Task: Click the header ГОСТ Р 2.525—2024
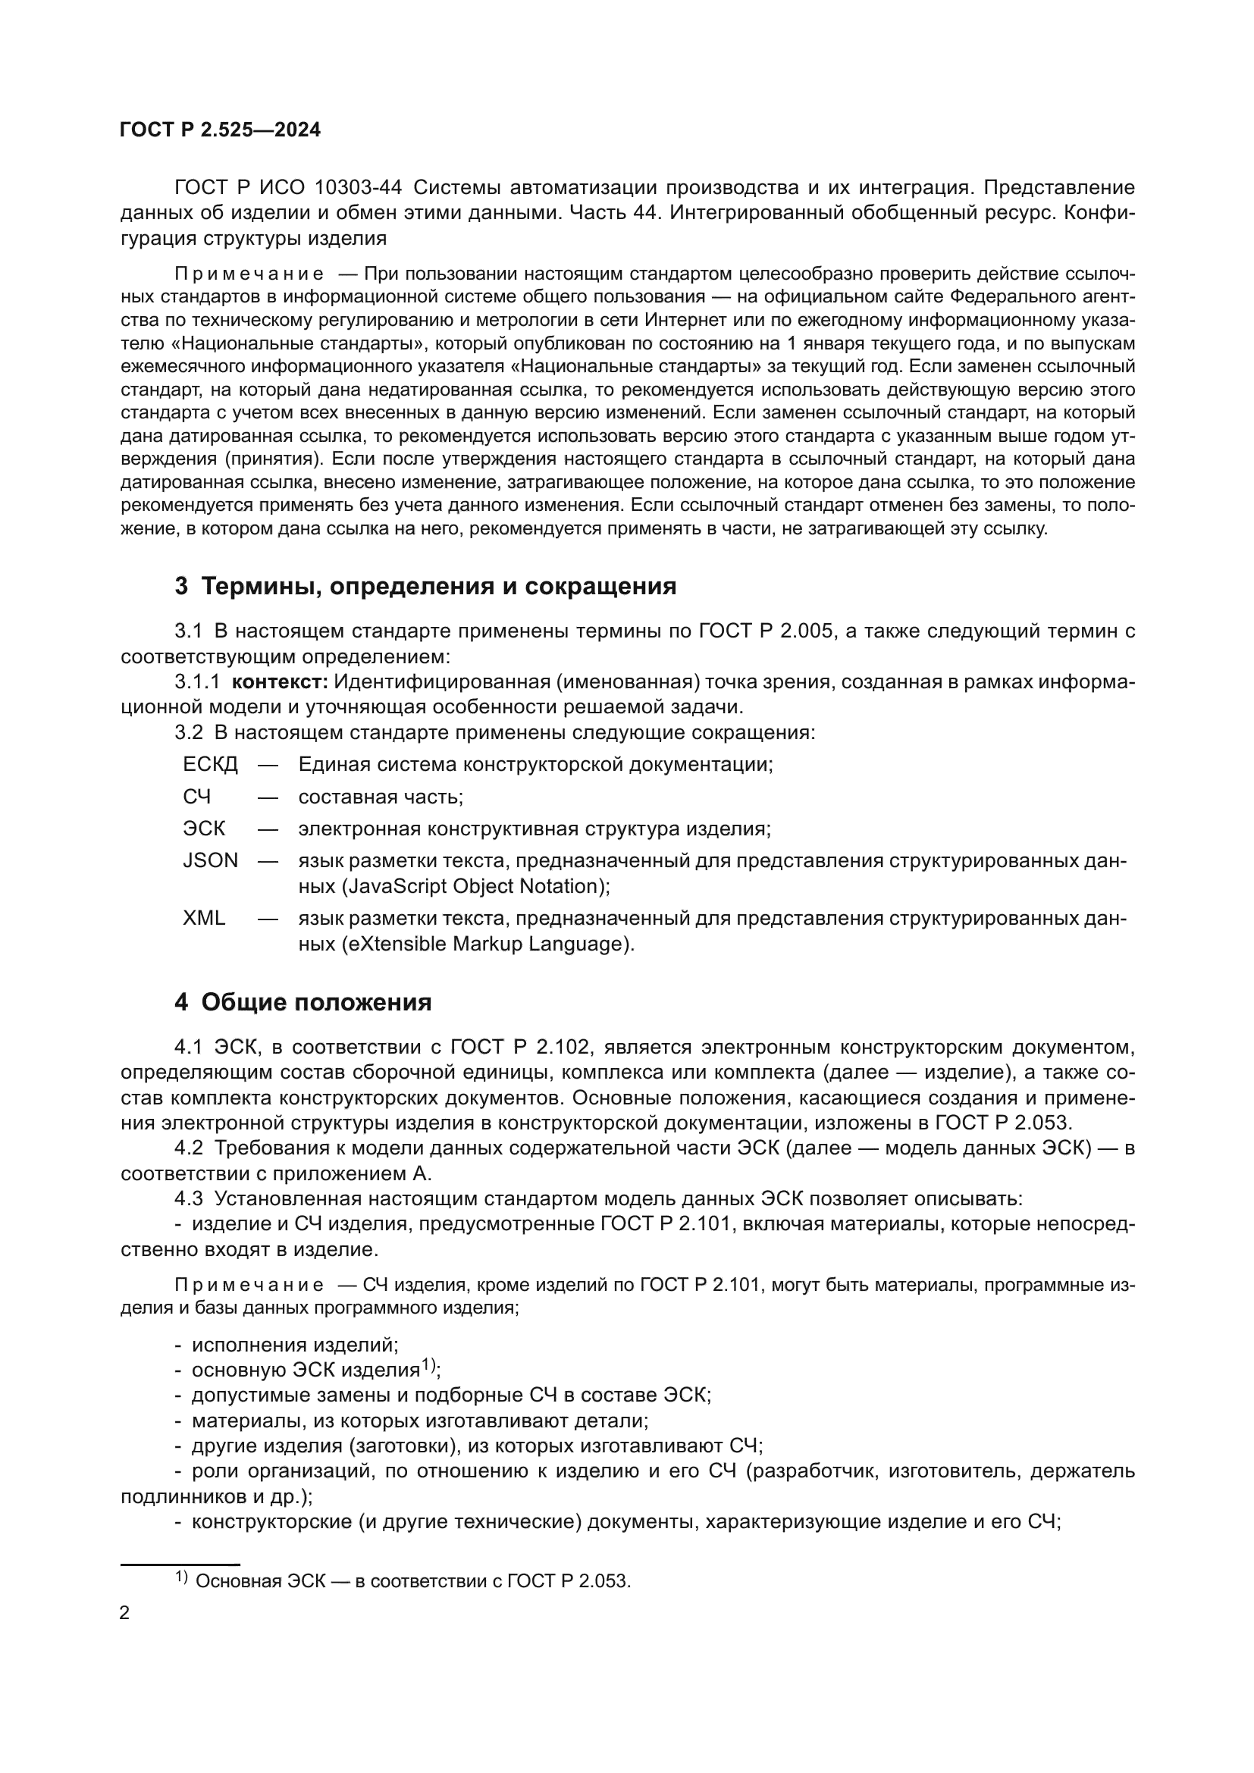click(220, 130)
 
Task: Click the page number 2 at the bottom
click(125, 1613)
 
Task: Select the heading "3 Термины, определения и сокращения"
click(425, 586)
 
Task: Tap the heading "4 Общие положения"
click(303, 1002)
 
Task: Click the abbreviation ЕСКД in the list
click(210, 765)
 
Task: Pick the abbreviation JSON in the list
click(210, 860)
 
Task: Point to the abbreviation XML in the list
click(204, 918)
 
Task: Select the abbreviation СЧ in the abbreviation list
click(197, 796)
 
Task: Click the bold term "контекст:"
click(281, 682)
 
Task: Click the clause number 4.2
click(189, 1148)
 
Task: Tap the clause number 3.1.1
click(197, 682)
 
